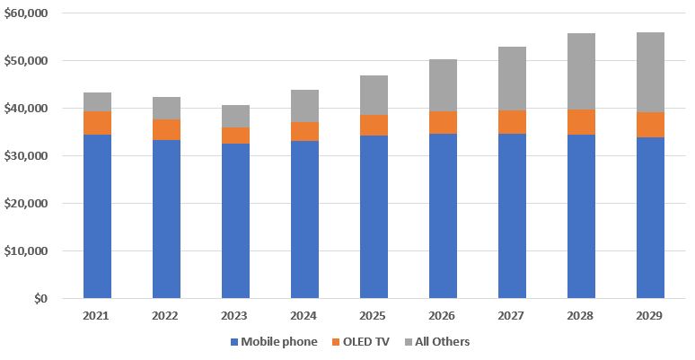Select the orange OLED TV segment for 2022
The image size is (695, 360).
[166, 129]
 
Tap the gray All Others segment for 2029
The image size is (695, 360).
[650, 73]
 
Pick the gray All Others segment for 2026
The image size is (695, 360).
[443, 85]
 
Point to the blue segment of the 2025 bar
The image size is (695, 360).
[374, 216]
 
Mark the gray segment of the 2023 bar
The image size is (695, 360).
[235, 116]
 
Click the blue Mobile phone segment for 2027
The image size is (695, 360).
[512, 215]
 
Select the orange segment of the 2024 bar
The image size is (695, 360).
[304, 132]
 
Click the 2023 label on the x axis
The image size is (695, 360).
[235, 316]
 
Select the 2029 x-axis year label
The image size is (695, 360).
[650, 316]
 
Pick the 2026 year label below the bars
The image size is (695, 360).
[443, 316]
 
